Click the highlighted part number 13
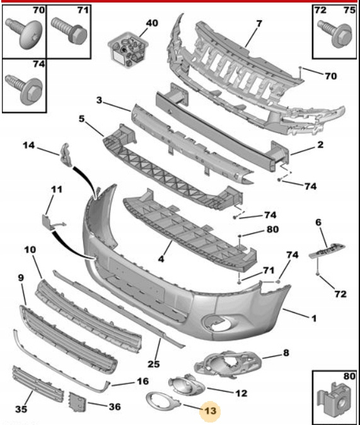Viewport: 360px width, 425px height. pyautogui.click(x=211, y=410)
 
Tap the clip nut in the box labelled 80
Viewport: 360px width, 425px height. pyautogui.click(x=334, y=402)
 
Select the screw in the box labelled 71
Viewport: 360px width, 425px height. pyautogui.click(x=69, y=31)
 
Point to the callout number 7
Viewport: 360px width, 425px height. pyautogui.click(x=259, y=24)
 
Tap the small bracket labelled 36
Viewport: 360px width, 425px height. pyautogui.click(x=78, y=402)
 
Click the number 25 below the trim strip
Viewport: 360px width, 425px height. pyautogui.click(x=153, y=364)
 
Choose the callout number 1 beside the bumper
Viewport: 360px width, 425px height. pyautogui.click(x=313, y=318)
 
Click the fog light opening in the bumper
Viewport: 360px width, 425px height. pyautogui.click(x=216, y=323)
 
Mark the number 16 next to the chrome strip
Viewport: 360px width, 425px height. pyautogui.click(x=143, y=381)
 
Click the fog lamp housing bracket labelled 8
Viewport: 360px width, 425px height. pyautogui.click(x=228, y=364)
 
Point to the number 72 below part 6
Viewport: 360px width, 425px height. pyautogui.click(x=340, y=294)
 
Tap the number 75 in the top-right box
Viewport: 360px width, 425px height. pyautogui.click(x=349, y=10)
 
